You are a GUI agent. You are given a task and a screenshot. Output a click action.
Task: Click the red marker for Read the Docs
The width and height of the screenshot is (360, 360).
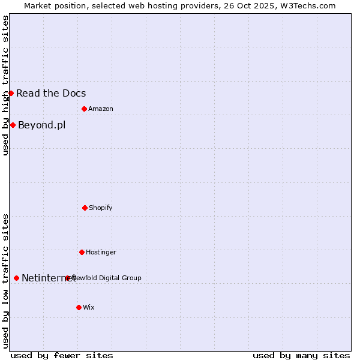[11, 93]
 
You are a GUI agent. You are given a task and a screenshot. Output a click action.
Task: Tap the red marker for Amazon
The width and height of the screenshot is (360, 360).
[84, 109]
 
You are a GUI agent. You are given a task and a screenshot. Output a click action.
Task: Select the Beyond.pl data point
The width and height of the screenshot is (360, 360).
[13, 125]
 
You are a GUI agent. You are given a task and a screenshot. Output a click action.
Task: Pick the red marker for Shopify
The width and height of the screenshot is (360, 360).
[85, 208]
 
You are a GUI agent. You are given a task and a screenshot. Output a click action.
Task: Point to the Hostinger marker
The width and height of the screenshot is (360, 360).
[82, 252]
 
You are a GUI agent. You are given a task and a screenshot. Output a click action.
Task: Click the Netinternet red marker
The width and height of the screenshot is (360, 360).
[16, 278]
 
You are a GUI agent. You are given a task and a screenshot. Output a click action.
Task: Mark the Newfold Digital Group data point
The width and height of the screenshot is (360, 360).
[68, 278]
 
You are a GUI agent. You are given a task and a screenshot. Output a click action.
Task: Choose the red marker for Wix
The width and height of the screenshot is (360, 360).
[79, 307]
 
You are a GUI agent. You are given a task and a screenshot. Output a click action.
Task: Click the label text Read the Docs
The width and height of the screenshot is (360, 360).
[51, 93]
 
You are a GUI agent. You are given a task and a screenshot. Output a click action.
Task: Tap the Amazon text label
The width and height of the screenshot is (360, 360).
[101, 109]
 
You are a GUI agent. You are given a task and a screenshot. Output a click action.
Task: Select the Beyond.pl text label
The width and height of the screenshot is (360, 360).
[41, 125]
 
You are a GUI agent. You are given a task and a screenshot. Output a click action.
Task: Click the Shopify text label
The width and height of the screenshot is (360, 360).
[101, 208]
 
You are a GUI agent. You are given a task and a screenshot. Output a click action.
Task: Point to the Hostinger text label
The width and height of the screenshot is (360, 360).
[101, 252]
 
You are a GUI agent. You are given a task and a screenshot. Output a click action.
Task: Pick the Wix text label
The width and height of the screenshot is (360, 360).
[89, 307]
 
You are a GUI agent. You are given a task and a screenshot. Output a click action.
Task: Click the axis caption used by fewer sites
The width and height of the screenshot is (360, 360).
[62, 355]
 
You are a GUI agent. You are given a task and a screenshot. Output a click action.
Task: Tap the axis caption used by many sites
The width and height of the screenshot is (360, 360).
[301, 355]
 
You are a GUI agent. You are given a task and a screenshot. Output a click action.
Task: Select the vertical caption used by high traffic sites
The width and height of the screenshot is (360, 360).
[6, 85]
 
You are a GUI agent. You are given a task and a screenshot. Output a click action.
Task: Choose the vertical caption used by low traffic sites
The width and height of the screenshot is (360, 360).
[6, 281]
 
